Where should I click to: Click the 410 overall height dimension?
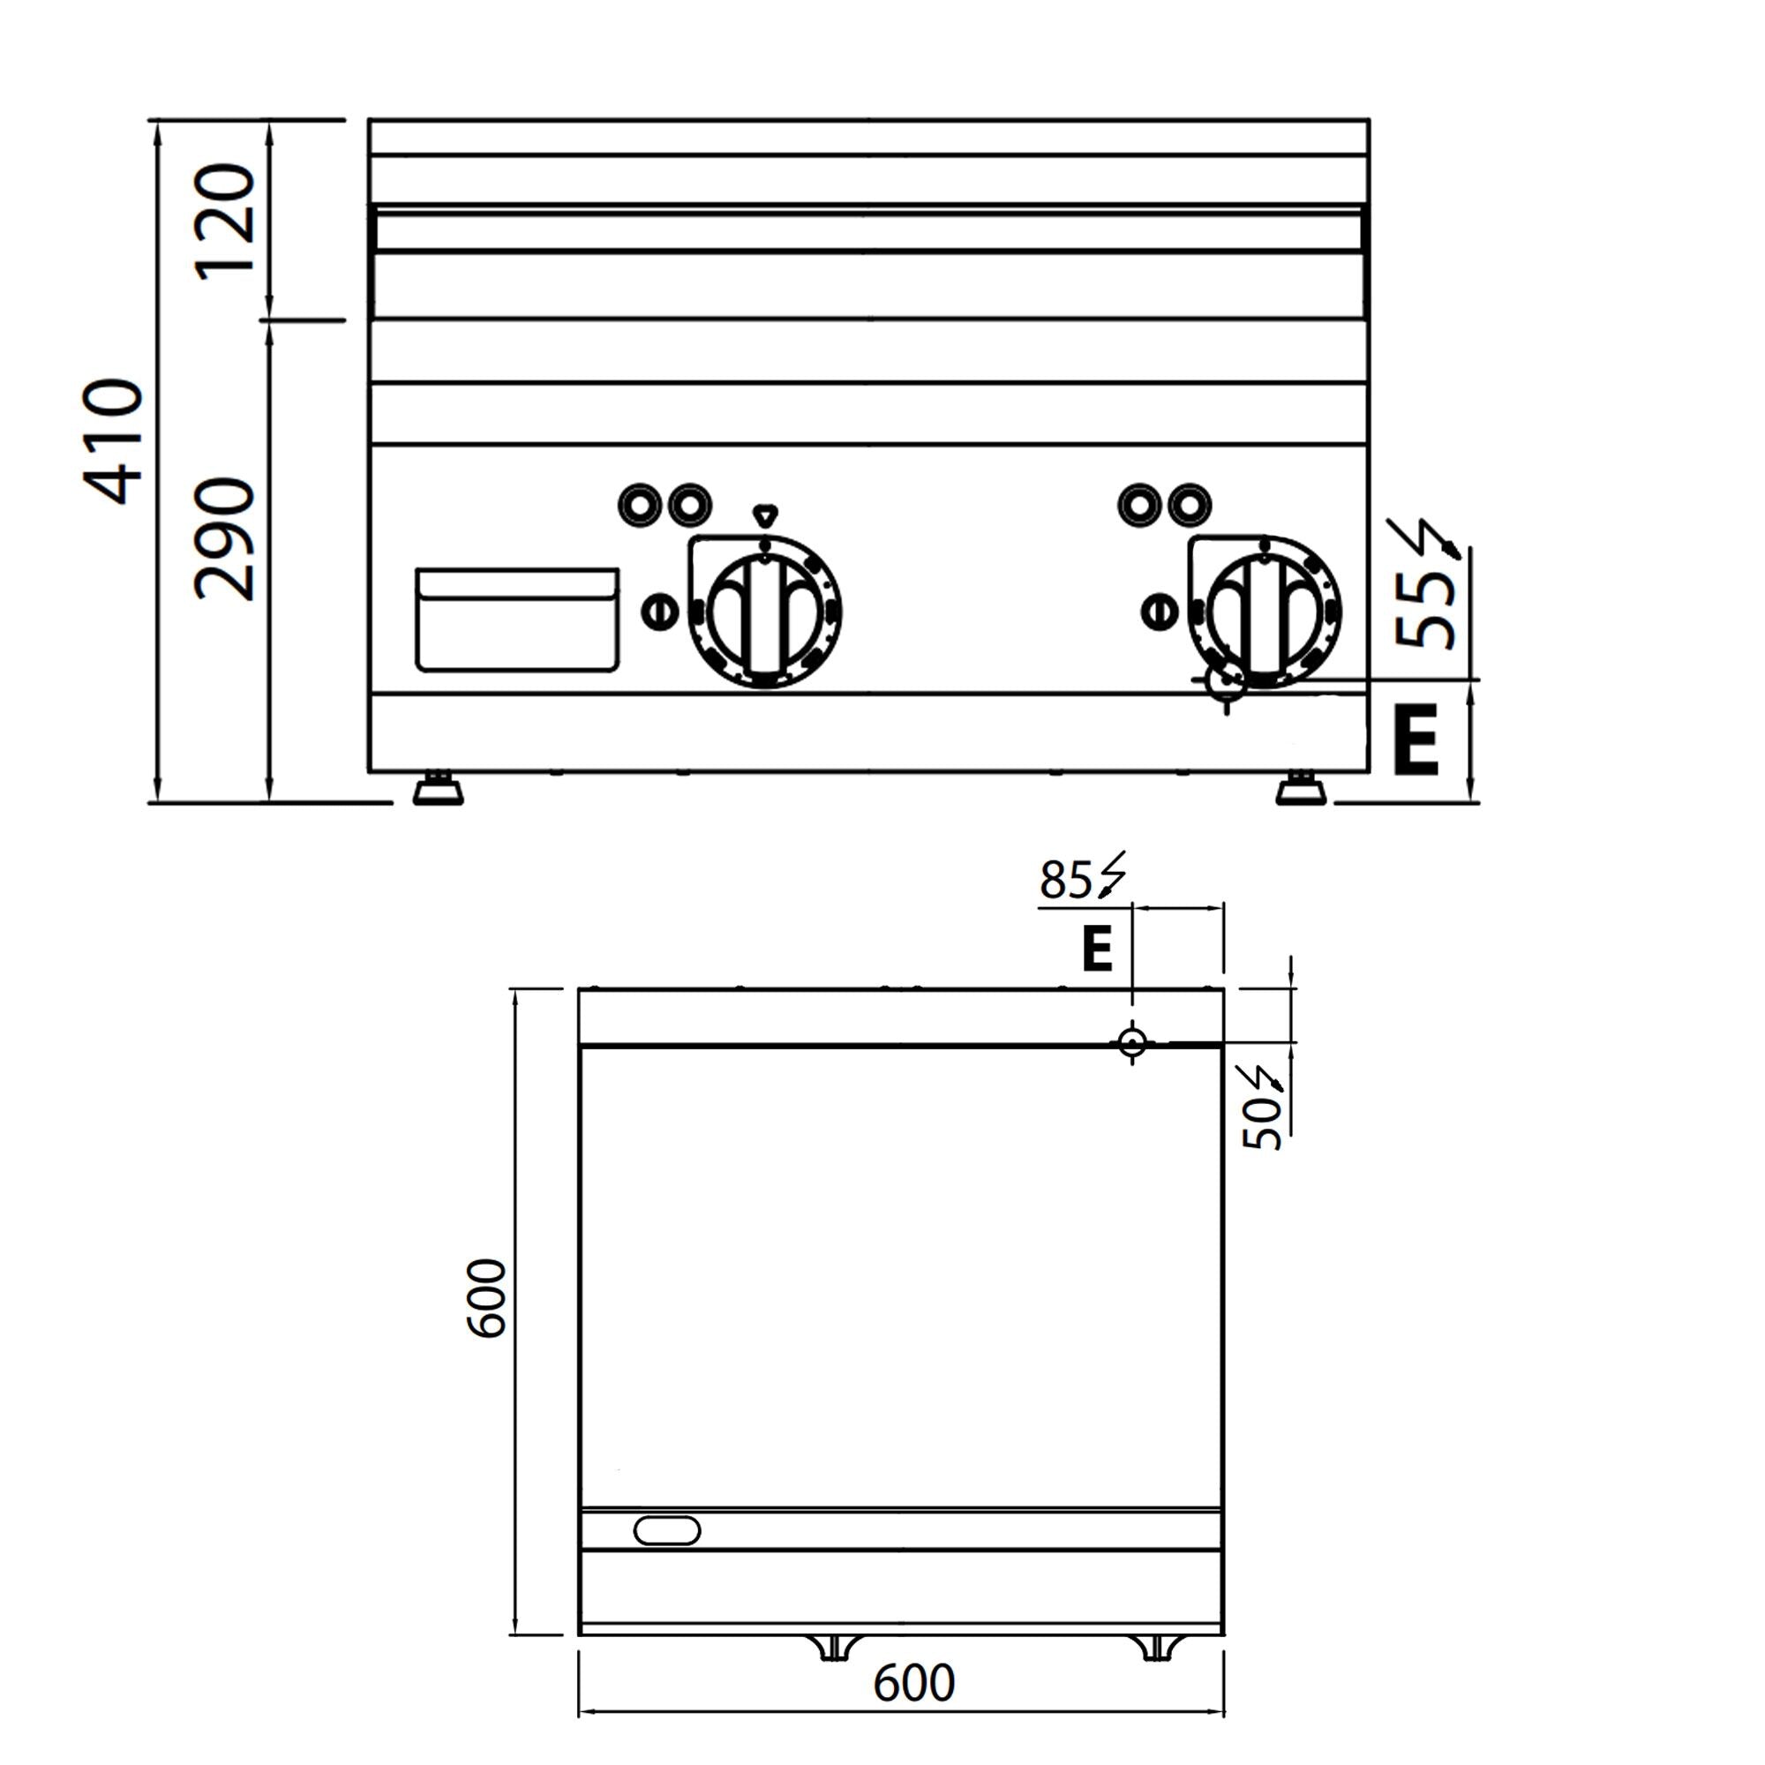click(114, 441)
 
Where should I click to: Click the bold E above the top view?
click(1096, 950)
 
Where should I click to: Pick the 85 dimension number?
click(1065, 881)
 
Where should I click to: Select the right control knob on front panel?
click(1266, 612)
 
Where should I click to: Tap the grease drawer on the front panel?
click(517, 620)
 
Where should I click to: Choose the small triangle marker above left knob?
click(763, 515)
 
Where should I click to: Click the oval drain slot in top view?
click(667, 1530)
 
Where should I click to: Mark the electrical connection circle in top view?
click(1132, 1041)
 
